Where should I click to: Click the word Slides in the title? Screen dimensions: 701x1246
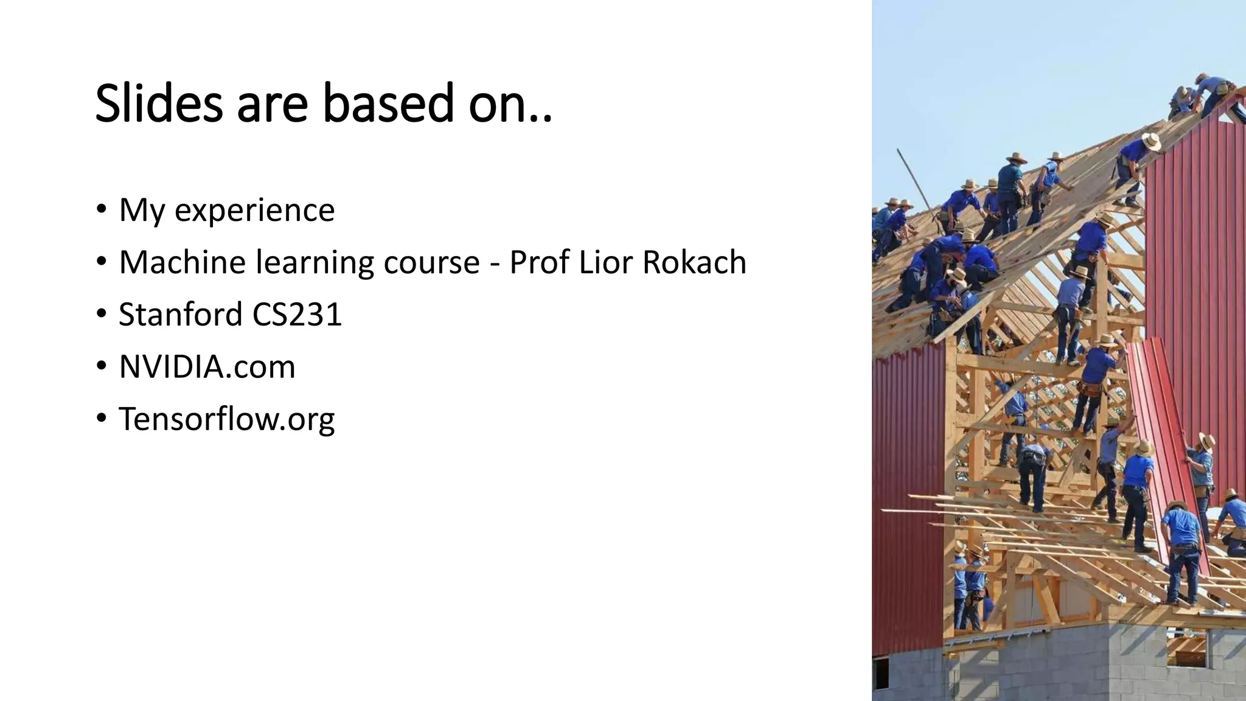click(159, 103)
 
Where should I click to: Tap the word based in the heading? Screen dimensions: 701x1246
click(388, 103)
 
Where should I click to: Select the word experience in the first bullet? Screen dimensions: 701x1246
click(254, 211)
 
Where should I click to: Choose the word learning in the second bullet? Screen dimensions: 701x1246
click(315, 263)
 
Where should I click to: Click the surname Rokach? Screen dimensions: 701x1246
click(694, 262)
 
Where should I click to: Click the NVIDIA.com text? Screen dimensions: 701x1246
click(207, 367)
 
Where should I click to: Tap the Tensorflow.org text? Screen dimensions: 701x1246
click(226, 419)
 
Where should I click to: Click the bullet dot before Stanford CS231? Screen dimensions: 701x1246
click(101, 314)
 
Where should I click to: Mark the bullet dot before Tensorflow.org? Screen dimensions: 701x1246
click(101, 419)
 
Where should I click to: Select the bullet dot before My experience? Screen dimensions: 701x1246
click(101, 209)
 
